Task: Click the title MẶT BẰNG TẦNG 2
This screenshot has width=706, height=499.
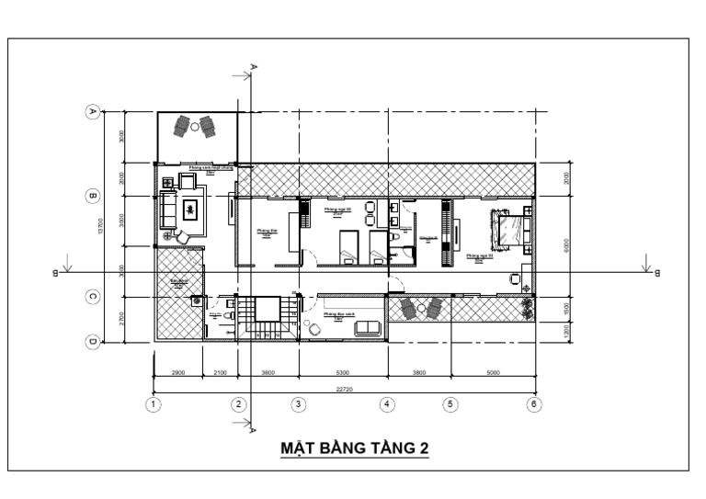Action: tap(354, 448)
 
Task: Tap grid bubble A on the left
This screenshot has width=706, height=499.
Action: tap(92, 111)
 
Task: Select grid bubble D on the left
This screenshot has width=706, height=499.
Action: tap(92, 342)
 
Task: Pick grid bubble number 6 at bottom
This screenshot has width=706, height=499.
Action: tap(533, 403)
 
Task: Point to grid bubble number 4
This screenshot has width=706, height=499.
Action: tap(388, 403)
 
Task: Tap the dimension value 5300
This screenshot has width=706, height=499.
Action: tap(342, 372)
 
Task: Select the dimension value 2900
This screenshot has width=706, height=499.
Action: tap(178, 372)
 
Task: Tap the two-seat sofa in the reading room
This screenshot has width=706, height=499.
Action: tap(369, 329)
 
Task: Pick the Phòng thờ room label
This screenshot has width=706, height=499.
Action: tap(266, 233)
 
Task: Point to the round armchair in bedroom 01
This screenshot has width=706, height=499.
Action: tap(516, 279)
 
